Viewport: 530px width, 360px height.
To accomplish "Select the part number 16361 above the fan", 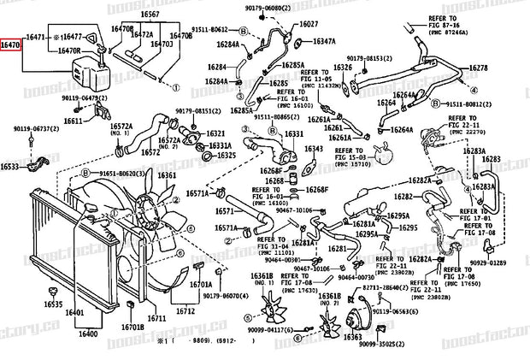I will pos(167,175).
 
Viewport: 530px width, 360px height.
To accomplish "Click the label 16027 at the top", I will pos(308,24).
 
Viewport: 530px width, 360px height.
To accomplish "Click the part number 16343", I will pos(315,148).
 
